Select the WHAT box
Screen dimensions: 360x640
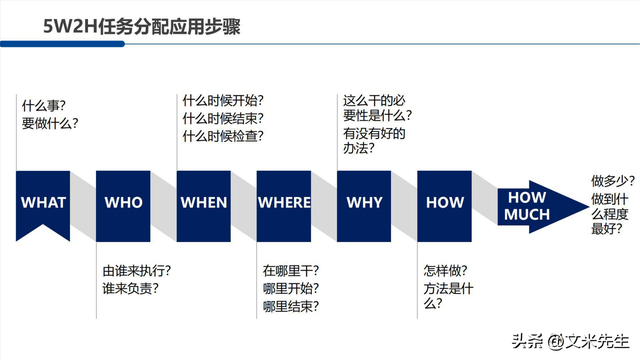pos(43,202)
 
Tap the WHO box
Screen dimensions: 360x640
pos(124,202)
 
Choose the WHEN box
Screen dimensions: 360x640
pos(204,202)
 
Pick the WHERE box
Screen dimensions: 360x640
pos(284,202)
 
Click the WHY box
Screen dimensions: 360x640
pos(364,202)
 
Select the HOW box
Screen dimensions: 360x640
pos(445,202)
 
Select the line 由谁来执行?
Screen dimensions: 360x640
pos(137,270)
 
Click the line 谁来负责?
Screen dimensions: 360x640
pos(131,288)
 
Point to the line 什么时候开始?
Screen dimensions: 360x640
pos(223,100)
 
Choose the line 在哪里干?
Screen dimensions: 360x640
pos(291,270)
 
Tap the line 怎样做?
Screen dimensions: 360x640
pos(445,270)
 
